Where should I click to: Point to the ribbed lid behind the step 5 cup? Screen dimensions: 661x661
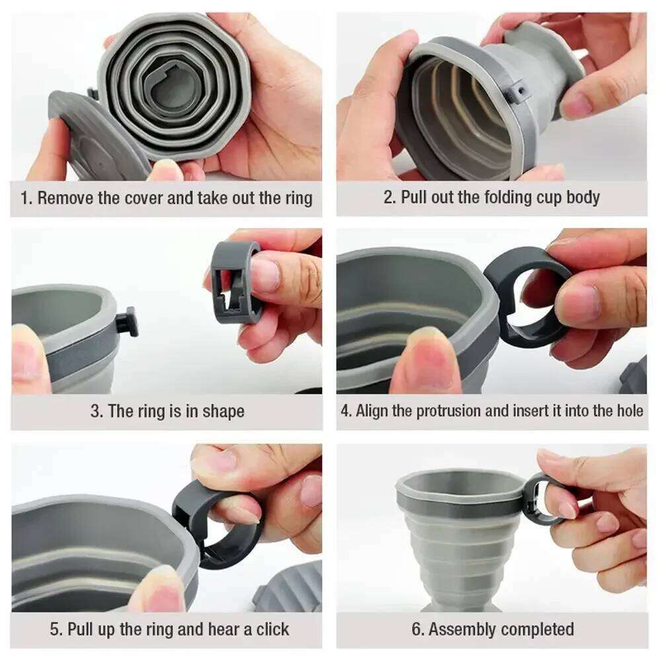point(291,588)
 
